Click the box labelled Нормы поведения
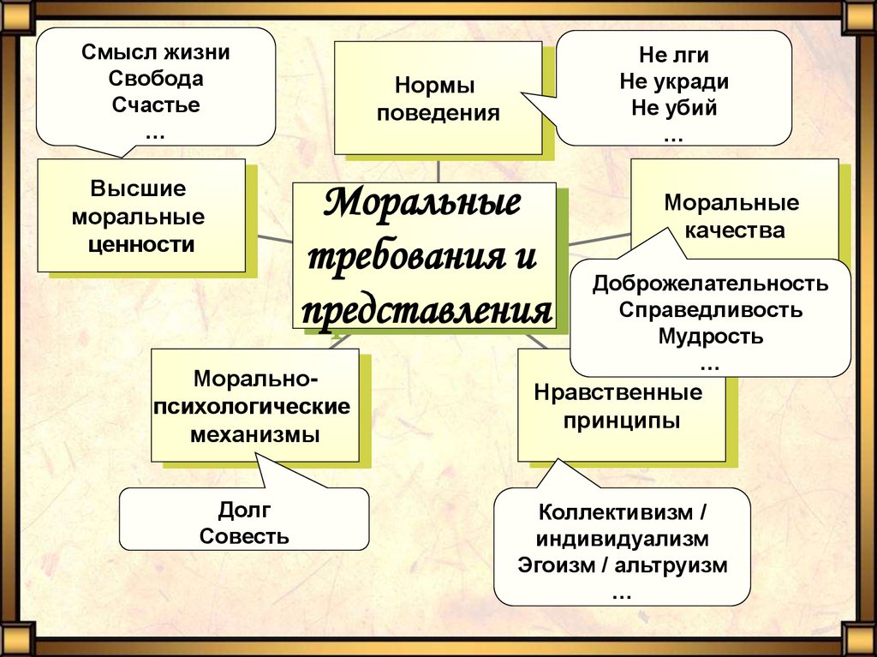click(437, 99)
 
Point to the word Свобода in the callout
click(156, 79)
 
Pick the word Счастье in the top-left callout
click(156, 106)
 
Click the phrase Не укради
click(673, 81)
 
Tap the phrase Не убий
click(673, 109)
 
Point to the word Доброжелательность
click(710, 284)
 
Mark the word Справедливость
click(710, 309)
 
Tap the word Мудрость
click(710, 335)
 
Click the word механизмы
click(254, 433)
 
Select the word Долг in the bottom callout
click(243, 511)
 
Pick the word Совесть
click(243, 537)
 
